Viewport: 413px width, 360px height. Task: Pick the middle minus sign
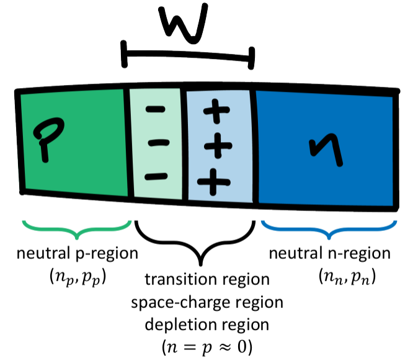pos(159,143)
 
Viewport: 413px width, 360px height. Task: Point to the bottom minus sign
pos(159,176)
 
